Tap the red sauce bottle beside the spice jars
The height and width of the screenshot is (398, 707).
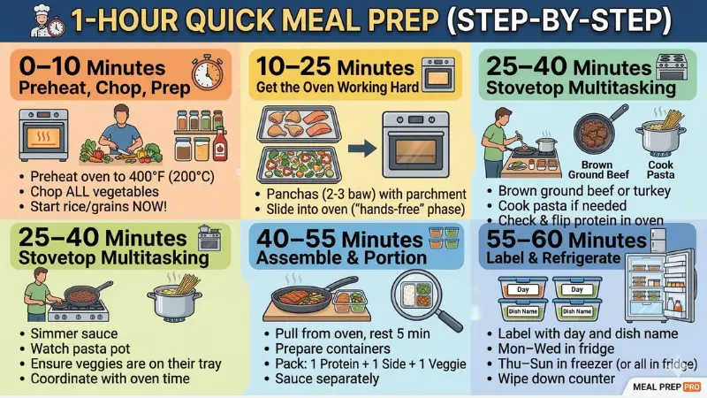[x=219, y=142]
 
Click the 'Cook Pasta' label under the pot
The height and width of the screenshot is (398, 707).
[x=660, y=170]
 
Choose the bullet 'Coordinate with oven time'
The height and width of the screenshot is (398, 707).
[x=110, y=379]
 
